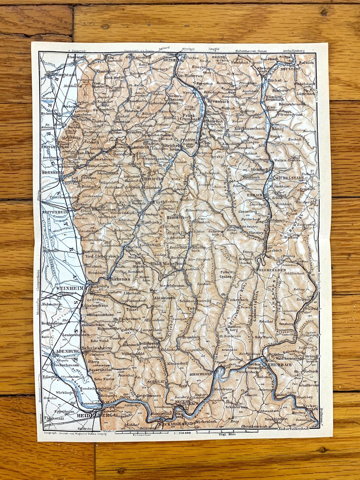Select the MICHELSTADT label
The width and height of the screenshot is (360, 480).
pyautogui.click(x=289, y=178)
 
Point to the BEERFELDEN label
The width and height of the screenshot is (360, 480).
pyautogui.click(x=272, y=270)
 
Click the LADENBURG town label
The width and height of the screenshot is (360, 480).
pyautogui.click(x=65, y=351)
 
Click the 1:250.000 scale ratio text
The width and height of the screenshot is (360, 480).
pyautogui.click(x=182, y=433)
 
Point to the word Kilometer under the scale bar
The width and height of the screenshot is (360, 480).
pyautogui.click(x=142, y=435)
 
